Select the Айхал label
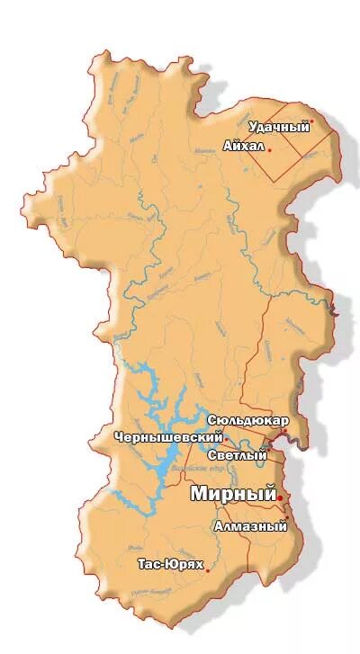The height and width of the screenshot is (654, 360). (243, 145)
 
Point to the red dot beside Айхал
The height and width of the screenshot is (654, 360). (269, 149)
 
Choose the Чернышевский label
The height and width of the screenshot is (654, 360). (168, 437)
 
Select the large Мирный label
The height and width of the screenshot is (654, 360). (232, 494)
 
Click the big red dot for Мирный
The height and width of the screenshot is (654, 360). (281, 497)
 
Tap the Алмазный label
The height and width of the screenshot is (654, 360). (251, 526)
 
